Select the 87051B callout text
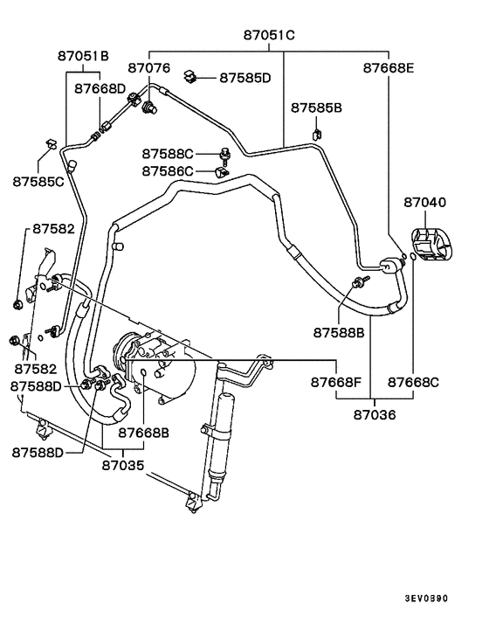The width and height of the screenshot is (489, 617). [x=84, y=57]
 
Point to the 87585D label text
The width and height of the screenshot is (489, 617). [x=245, y=78]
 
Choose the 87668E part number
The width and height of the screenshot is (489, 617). [x=389, y=67]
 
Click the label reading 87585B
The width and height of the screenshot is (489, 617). [x=317, y=107]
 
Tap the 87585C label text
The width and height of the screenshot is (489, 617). [x=38, y=182]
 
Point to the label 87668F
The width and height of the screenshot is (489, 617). [x=336, y=382]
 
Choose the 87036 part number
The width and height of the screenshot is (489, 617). [x=370, y=415]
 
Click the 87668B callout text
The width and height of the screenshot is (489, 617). [x=144, y=433]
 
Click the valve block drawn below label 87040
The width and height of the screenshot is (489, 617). [x=430, y=244]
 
